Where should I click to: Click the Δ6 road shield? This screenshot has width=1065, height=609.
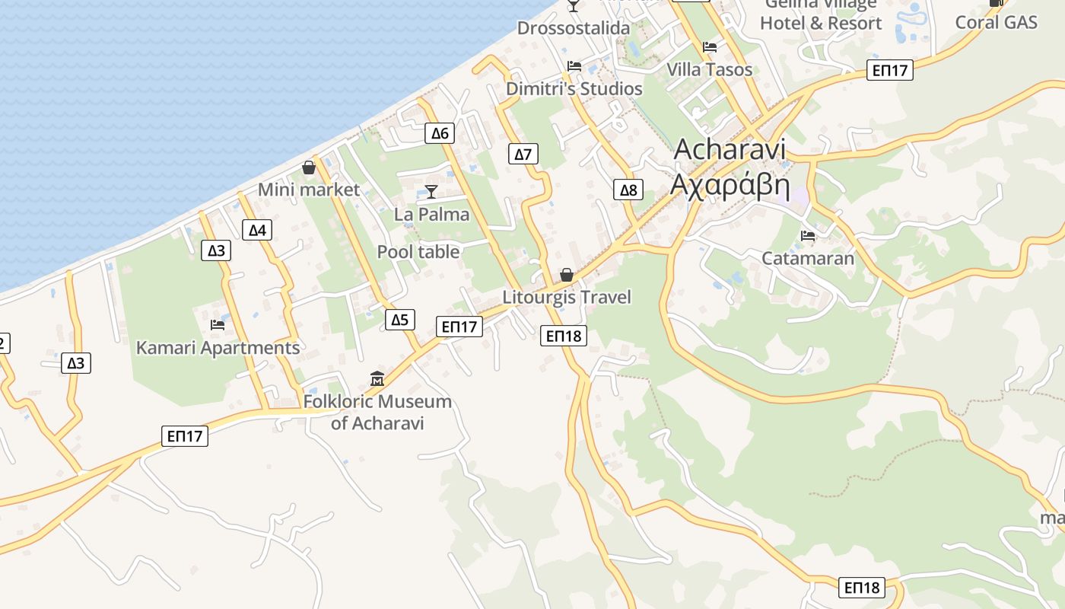coord(439,133)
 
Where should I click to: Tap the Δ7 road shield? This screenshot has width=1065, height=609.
coord(523,155)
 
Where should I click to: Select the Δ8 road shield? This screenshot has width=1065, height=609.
coord(628,190)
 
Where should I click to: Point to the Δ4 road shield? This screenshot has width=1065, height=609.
coord(257,230)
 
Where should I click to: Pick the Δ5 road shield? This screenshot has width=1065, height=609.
coord(399,320)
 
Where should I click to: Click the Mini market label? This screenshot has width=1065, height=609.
coord(308,190)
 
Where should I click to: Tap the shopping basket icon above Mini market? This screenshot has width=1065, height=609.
coord(309,167)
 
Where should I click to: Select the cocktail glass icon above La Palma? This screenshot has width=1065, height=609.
coord(431,191)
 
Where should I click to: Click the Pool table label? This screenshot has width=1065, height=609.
coord(418,252)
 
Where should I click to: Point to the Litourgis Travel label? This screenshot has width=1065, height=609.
coord(567,297)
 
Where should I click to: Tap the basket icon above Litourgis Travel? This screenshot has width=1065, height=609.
coord(567,275)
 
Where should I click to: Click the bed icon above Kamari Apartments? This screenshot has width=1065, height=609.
coord(218,325)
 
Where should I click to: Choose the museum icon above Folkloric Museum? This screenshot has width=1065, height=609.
coord(377,378)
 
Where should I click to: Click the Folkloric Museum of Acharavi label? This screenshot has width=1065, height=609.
coord(377,412)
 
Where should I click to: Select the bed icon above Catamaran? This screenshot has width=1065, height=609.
coord(808,236)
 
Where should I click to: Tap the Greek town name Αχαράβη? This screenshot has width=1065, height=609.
coord(730,185)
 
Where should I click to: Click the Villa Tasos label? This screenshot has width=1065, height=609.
coord(709,69)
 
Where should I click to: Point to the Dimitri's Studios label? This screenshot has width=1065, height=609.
coord(574,89)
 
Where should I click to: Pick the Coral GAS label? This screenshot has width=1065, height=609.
coord(996,22)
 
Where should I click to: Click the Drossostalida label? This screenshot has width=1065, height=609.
coord(574,28)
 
